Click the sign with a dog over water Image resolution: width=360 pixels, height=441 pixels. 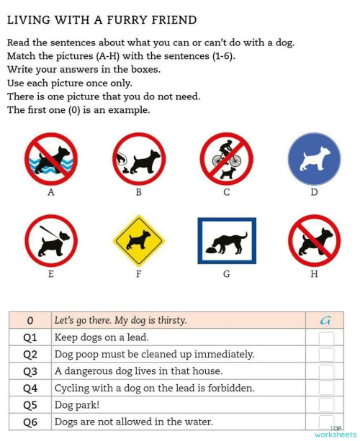[51, 159]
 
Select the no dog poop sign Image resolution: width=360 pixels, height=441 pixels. [138, 159]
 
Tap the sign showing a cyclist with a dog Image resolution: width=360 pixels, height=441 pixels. [226, 159]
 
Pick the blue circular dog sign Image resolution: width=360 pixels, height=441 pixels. [313, 159]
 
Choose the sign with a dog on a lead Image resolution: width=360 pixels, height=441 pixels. [51, 241]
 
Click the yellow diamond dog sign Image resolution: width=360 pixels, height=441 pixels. [138, 241]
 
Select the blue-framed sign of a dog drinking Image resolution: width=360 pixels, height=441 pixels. [226, 241]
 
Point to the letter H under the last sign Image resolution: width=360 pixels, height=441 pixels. [313, 274]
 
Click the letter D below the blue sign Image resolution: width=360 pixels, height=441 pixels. [313, 192]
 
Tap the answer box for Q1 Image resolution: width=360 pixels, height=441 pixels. [326, 337]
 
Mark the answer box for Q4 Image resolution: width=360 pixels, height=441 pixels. [326, 388]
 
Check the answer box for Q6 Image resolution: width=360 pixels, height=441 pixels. [326, 422]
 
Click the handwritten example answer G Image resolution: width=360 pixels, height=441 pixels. [325, 320]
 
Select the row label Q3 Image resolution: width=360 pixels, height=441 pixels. [30, 371]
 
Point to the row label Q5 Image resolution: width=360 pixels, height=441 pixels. [30, 405]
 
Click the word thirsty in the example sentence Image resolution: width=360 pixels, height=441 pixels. [168, 320]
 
